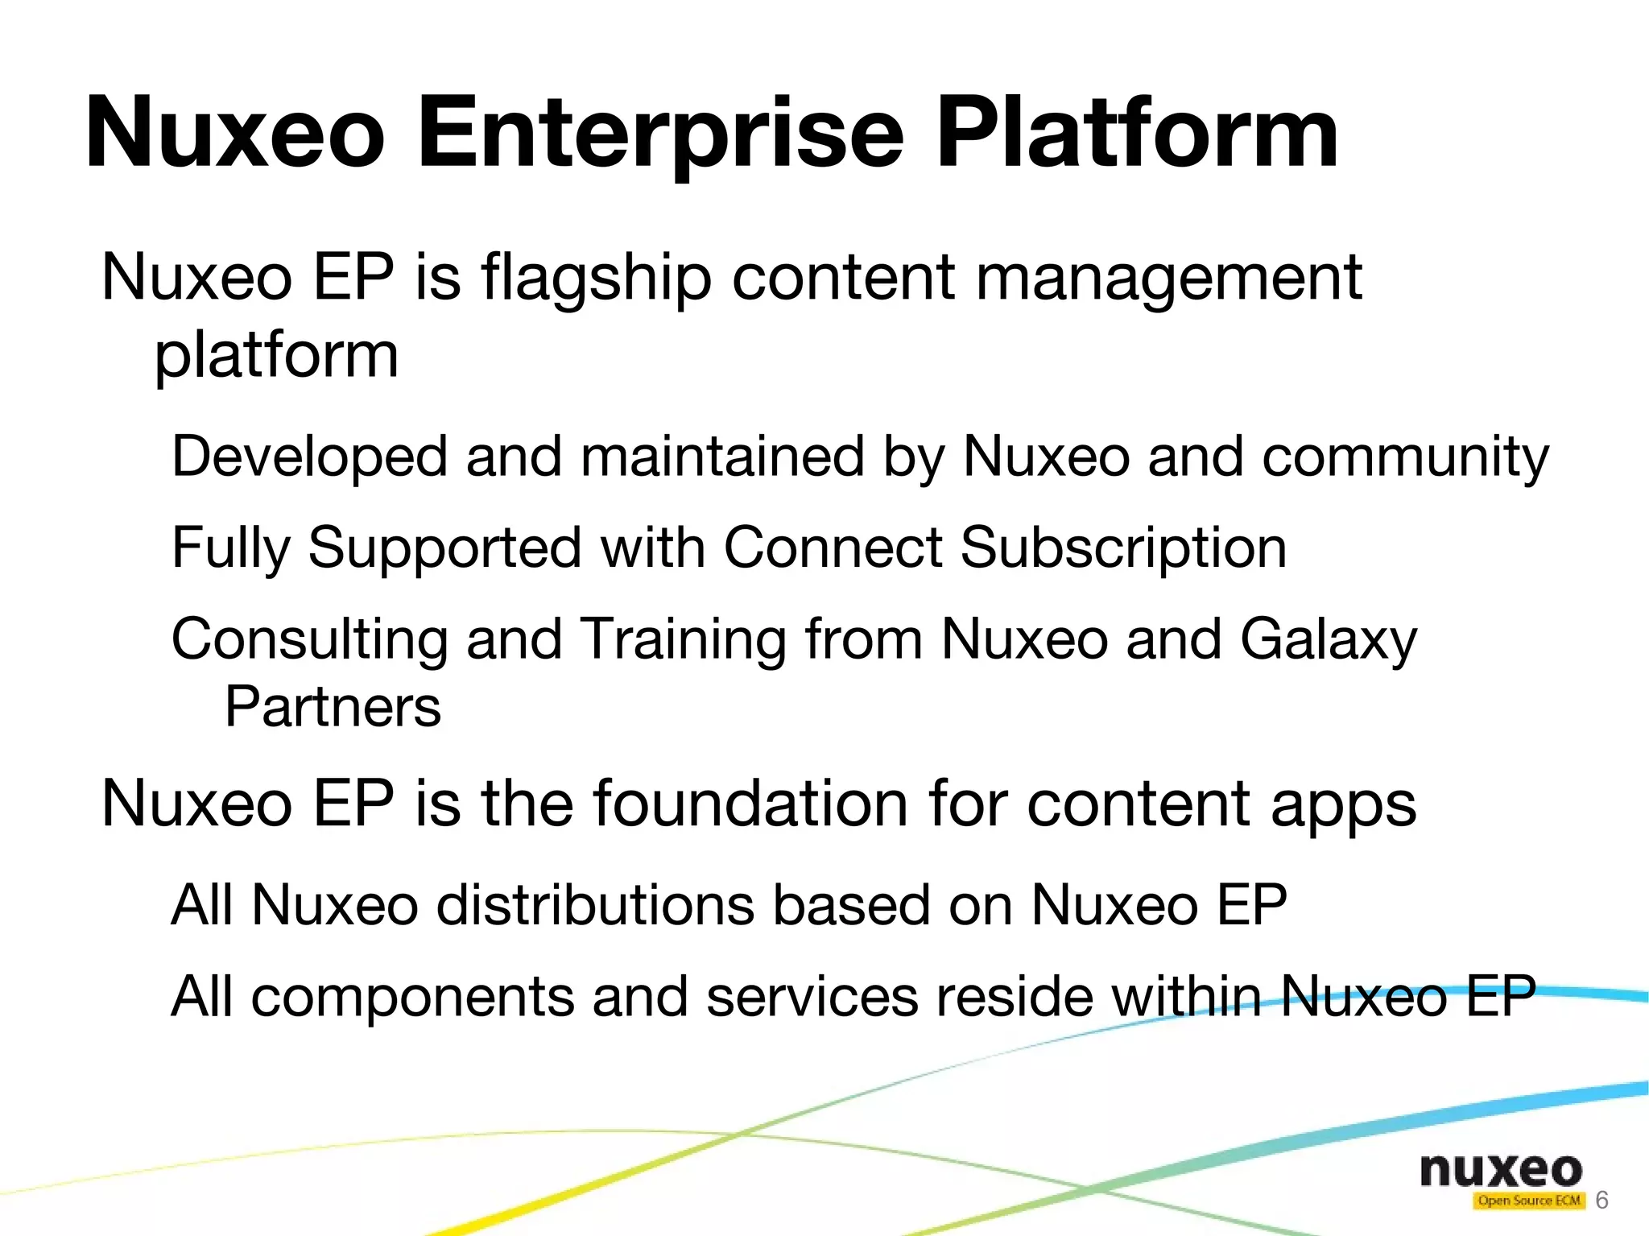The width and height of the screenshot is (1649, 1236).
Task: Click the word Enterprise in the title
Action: point(660,133)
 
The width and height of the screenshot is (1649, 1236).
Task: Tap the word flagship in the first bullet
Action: point(597,278)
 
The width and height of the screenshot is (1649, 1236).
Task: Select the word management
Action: point(1168,278)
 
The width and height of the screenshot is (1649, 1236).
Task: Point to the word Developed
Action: point(309,457)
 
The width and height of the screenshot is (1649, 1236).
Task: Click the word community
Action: point(1405,457)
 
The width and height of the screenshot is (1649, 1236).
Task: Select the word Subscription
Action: point(1123,548)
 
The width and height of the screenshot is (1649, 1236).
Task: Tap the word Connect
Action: point(832,548)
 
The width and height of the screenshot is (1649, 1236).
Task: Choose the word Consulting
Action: point(309,639)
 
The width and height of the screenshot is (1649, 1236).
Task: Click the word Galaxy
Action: point(1328,639)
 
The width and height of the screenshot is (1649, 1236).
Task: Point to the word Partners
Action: point(333,707)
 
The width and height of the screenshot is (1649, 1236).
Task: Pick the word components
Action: point(412,997)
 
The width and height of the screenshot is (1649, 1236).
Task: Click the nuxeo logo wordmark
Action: point(1501,1170)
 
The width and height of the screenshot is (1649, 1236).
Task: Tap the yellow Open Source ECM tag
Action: point(1528,1201)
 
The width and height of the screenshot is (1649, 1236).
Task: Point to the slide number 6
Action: point(1601,1201)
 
